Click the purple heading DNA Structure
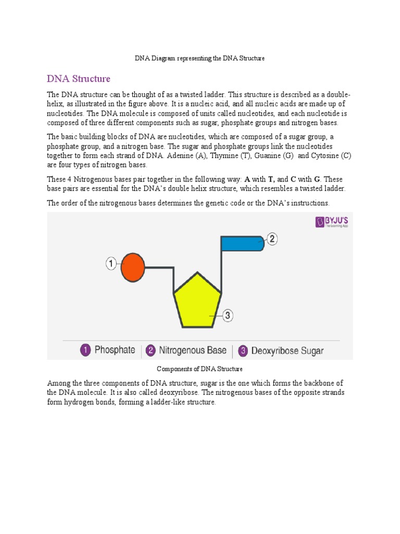[x=79, y=79]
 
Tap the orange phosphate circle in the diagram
[x=132, y=267]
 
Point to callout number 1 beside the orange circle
[x=111, y=264]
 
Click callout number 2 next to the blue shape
[x=272, y=239]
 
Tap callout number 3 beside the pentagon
[x=228, y=315]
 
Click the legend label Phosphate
[x=115, y=350]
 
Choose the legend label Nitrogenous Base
[x=193, y=350]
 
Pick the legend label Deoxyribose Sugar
[x=287, y=350]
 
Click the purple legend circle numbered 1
[x=85, y=350]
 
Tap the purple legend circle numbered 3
[x=243, y=350]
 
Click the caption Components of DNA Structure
[x=200, y=369]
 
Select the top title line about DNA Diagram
[x=200, y=58]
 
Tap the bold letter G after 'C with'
[x=317, y=179]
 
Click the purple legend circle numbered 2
[x=150, y=350]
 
